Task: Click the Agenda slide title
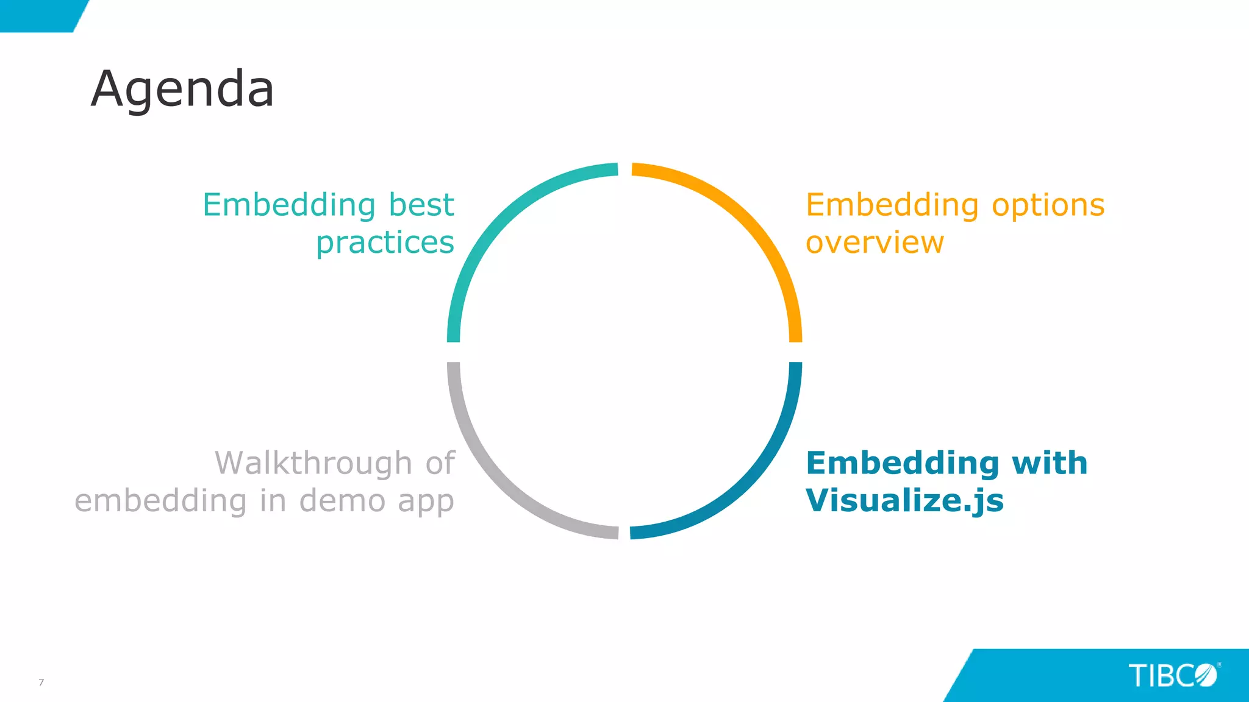click(x=182, y=89)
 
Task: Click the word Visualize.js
click(x=904, y=501)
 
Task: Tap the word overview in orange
click(x=875, y=243)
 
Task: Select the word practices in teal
click(x=385, y=243)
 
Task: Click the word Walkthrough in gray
click(x=313, y=463)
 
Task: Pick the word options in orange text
click(x=1048, y=205)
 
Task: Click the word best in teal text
click(x=421, y=205)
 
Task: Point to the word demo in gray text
click(x=342, y=501)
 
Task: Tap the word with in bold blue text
click(x=1050, y=463)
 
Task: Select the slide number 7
click(x=41, y=682)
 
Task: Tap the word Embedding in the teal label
click(x=289, y=205)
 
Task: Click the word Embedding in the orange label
click(x=892, y=205)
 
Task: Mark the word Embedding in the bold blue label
click(x=902, y=463)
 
